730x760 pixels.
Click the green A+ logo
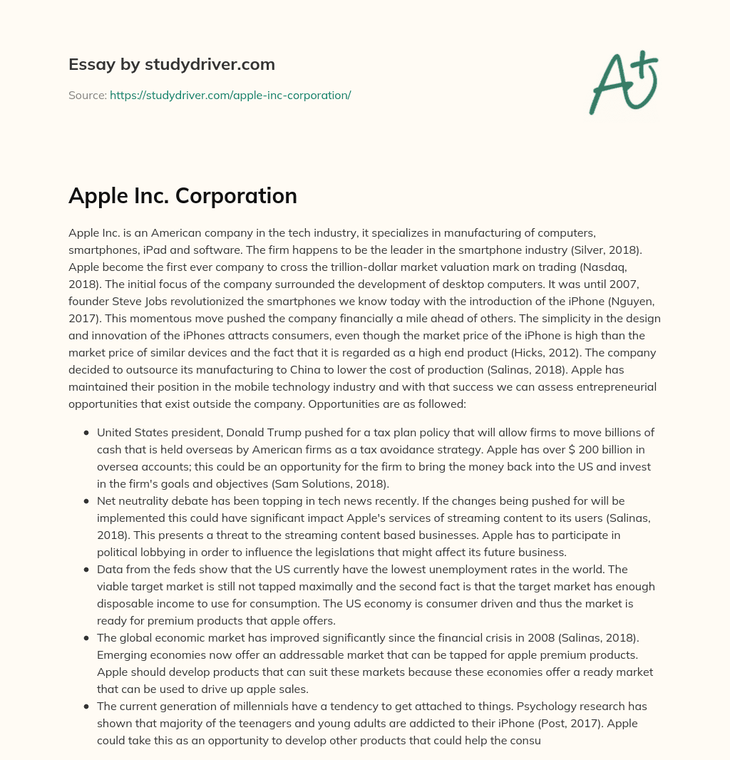(x=622, y=83)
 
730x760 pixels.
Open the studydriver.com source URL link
(x=230, y=95)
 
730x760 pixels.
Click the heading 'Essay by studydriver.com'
(x=171, y=64)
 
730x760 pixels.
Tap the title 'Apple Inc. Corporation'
(x=182, y=195)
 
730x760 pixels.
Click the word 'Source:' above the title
(x=87, y=95)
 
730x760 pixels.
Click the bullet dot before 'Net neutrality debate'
(x=86, y=501)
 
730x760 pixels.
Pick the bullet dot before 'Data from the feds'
(x=86, y=570)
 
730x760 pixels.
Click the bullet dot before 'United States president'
(x=86, y=433)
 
